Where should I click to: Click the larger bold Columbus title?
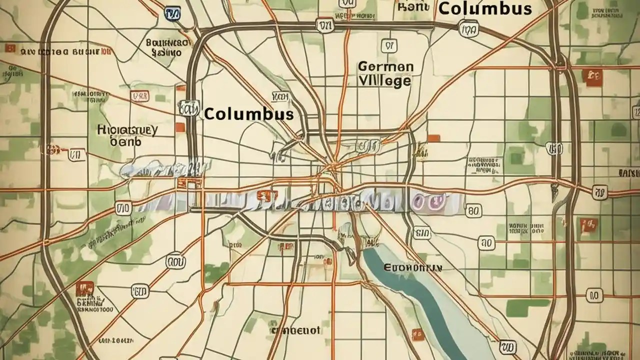[x=484, y=8]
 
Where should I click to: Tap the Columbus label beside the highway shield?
[x=248, y=113]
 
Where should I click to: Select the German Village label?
[x=385, y=74]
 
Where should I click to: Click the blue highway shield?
[x=172, y=13]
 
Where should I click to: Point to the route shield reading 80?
[x=473, y=211]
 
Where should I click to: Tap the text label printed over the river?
[x=412, y=268]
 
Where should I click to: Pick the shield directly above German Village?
[x=387, y=46]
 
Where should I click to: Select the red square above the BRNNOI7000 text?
[x=85, y=287]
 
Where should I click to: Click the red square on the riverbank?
[x=416, y=333]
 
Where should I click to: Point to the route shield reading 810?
[x=422, y=232]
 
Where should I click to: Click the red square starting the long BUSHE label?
[x=9, y=48]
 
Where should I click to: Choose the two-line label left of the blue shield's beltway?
[x=167, y=47]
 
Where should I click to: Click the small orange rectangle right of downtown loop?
[x=433, y=138]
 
